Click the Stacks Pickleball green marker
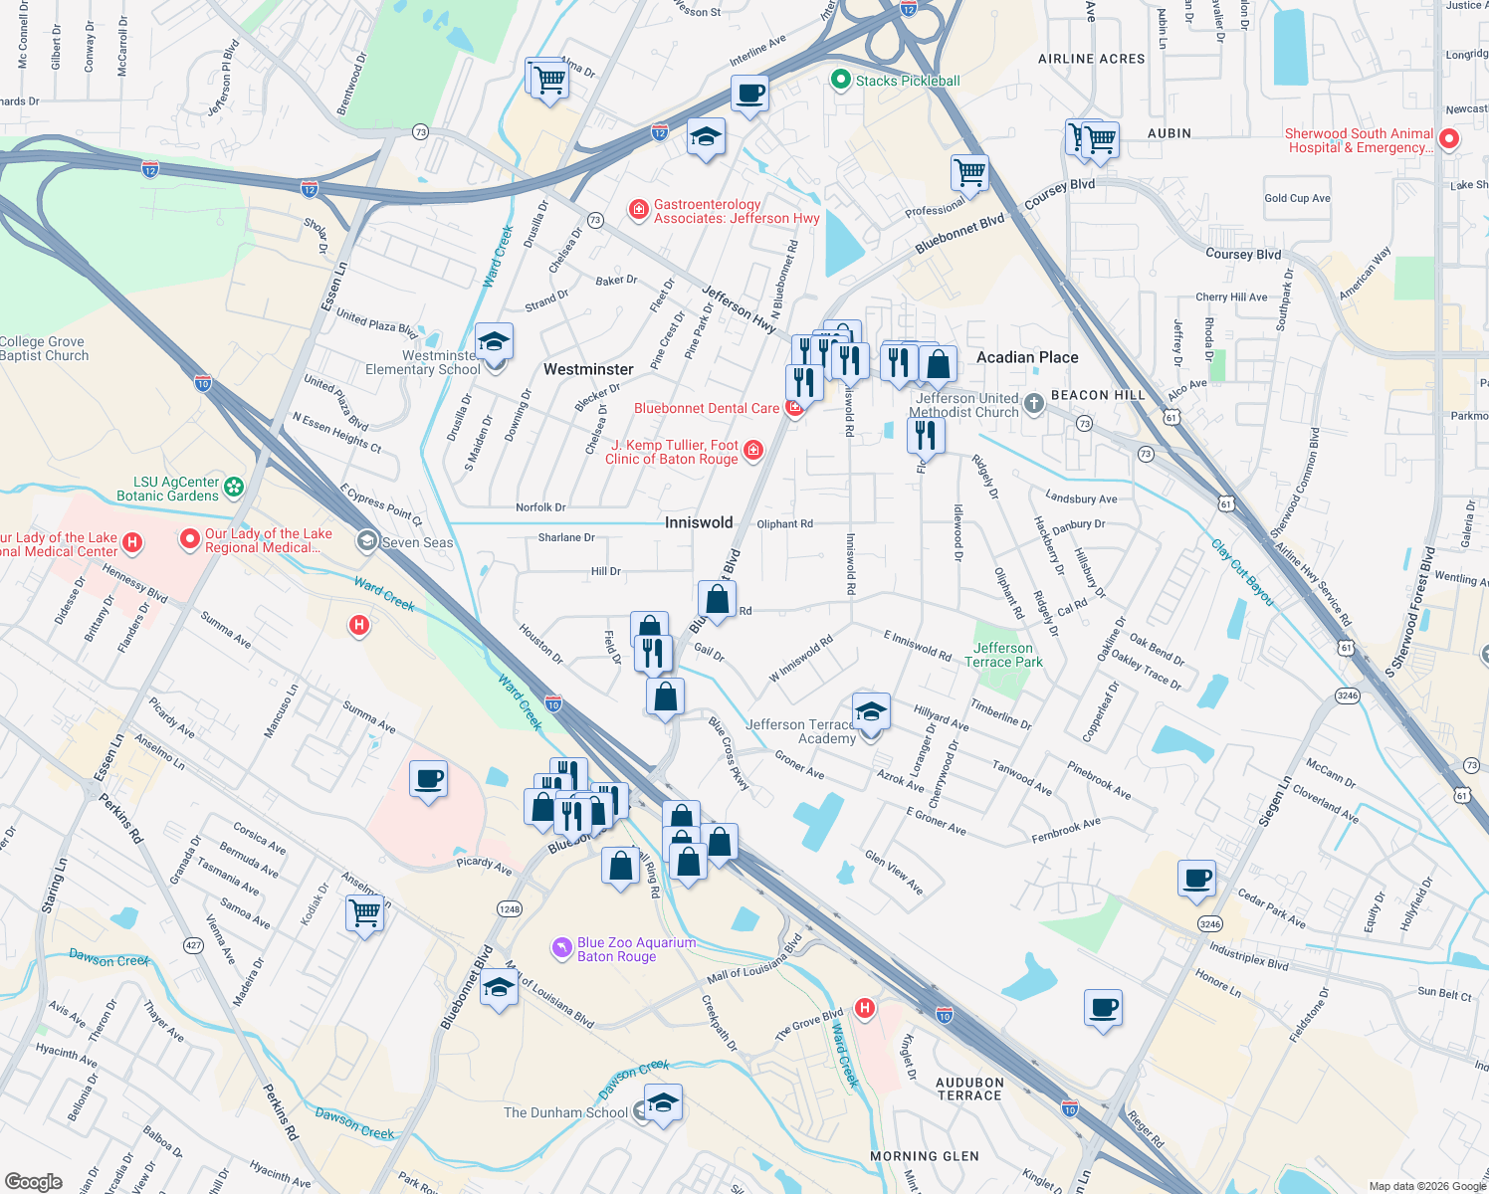(x=841, y=80)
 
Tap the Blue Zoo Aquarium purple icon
(x=562, y=945)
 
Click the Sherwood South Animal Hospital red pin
(x=1449, y=139)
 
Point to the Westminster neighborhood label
(x=588, y=369)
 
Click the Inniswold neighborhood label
(x=699, y=522)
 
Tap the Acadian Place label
(x=1027, y=357)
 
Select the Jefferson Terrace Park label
(x=1003, y=655)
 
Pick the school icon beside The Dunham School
(x=663, y=1103)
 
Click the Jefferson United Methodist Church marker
(x=1034, y=403)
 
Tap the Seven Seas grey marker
(x=367, y=541)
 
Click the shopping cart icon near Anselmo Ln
(x=365, y=912)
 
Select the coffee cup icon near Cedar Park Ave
(x=1196, y=879)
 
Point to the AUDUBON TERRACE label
(x=969, y=1089)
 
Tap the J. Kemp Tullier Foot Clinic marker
(x=753, y=451)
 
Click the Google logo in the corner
(x=34, y=1181)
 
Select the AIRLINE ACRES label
(x=1091, y=59)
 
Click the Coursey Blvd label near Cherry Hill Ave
(x=1243, y=255)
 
